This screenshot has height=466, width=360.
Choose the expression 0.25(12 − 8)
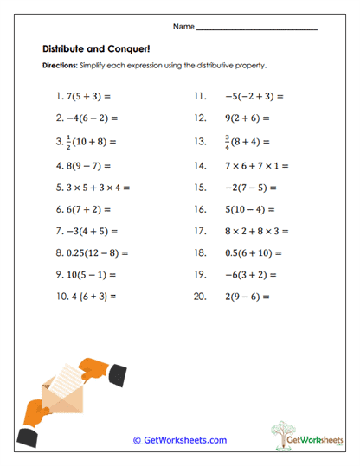98,253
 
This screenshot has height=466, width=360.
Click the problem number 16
200,208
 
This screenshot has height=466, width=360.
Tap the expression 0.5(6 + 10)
252,253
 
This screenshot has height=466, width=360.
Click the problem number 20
201,297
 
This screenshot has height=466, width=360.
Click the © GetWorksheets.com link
180,440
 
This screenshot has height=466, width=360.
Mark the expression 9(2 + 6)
244,118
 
